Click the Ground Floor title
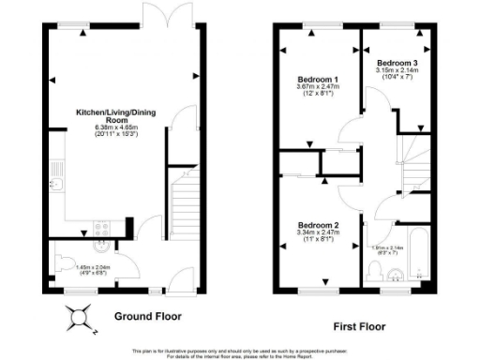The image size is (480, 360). [x=148, y=316]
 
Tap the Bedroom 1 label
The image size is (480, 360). [x=317, y=79]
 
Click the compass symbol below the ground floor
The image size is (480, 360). [x=78, y=322]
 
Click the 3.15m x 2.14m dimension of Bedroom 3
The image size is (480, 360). [x=397, y=69]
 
